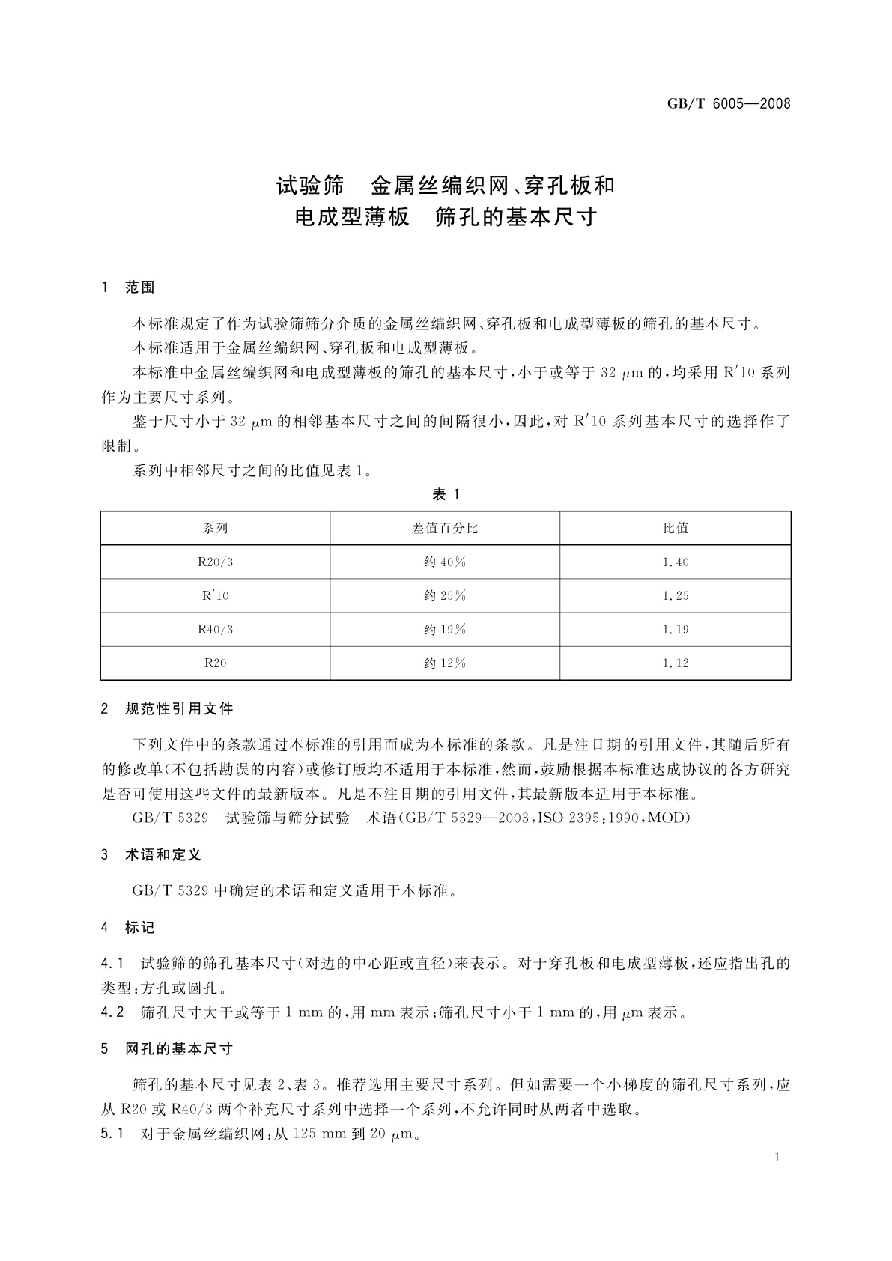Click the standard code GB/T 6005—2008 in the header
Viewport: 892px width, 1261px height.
(x=728, y=104)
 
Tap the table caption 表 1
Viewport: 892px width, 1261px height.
(x=446, y=494)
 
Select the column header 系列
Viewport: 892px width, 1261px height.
(x=215, y=528)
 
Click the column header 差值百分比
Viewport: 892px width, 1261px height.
(x=445, y=528)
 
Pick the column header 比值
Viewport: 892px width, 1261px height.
(x=676, y=528)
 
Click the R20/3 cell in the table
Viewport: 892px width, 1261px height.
(x=215, y=562)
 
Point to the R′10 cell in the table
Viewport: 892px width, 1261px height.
(x=215, y=595)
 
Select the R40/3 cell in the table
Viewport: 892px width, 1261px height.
(x=215, y=629)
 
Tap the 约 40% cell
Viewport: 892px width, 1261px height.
(x=445, y=562)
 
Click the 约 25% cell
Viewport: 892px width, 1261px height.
(x=445, y=595)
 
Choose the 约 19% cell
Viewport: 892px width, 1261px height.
(x=445, y=629)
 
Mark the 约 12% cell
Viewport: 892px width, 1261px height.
(x=445, y=663)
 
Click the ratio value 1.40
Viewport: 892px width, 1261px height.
(x=676, y=562)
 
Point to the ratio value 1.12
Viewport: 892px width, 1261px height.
(x=676, y=663)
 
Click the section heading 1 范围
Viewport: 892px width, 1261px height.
(x=128, y=288)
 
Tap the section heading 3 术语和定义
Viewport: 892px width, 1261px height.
(x=151, y=854)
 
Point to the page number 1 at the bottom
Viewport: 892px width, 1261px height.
(x=777, y=1158)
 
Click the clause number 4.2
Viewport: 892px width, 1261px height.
(x=112, y=1013)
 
